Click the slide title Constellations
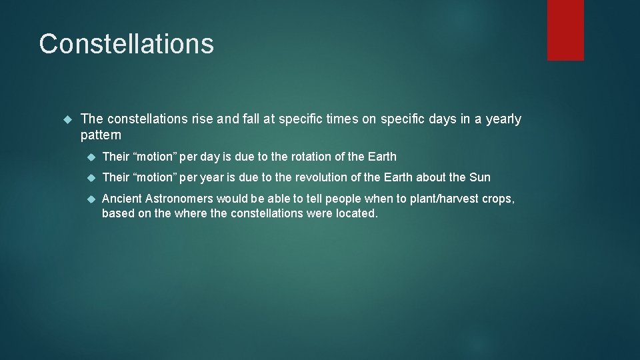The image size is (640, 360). tap(126, 44)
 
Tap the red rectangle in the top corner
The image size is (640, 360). tap(565, 30)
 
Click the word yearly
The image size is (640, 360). tap(503, 119)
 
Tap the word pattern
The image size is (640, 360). tap(101, 135)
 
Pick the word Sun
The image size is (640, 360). tap(479, 177)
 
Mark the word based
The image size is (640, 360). tap(117, 213)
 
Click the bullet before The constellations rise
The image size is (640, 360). tap(66, 119)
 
